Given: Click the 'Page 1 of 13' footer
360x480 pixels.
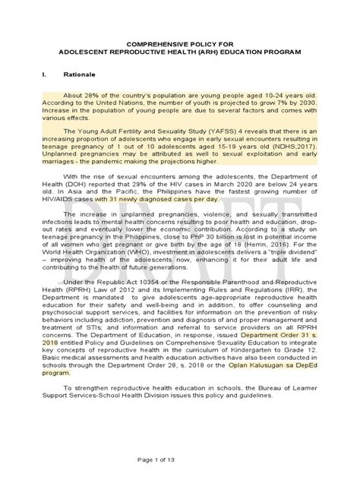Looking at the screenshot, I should [x=179, y=463].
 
